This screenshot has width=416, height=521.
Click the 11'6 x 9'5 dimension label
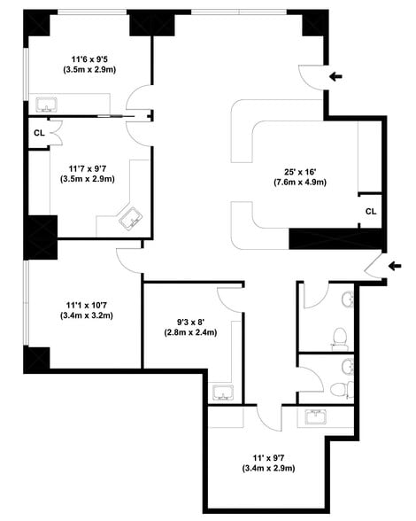click(89, 59)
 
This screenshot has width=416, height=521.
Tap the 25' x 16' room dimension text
click(300, 172)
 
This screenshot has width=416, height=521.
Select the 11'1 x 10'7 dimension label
click(87, 305)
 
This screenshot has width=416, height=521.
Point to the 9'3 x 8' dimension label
click(190, 322)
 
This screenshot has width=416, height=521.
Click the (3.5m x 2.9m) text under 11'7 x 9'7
click(88, 179)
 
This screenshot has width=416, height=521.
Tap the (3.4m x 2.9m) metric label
click(268, 468)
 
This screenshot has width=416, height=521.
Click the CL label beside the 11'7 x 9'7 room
click(39, 133)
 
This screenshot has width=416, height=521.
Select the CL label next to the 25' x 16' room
click(371, 211)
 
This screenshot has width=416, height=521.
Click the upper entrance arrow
click(335, 77)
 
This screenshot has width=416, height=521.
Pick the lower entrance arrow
click(395, 266)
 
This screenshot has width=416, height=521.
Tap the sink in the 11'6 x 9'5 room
click(47, 105)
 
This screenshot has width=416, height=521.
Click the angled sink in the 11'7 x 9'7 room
click(131, 219)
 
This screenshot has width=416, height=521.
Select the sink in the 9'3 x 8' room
click(223, 393)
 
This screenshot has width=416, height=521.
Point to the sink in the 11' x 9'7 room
click(316, 417)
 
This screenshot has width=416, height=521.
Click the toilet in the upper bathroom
click(340, 338)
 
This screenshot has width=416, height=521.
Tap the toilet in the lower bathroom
click(342, 390)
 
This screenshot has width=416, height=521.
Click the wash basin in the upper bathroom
click(348, 299)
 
